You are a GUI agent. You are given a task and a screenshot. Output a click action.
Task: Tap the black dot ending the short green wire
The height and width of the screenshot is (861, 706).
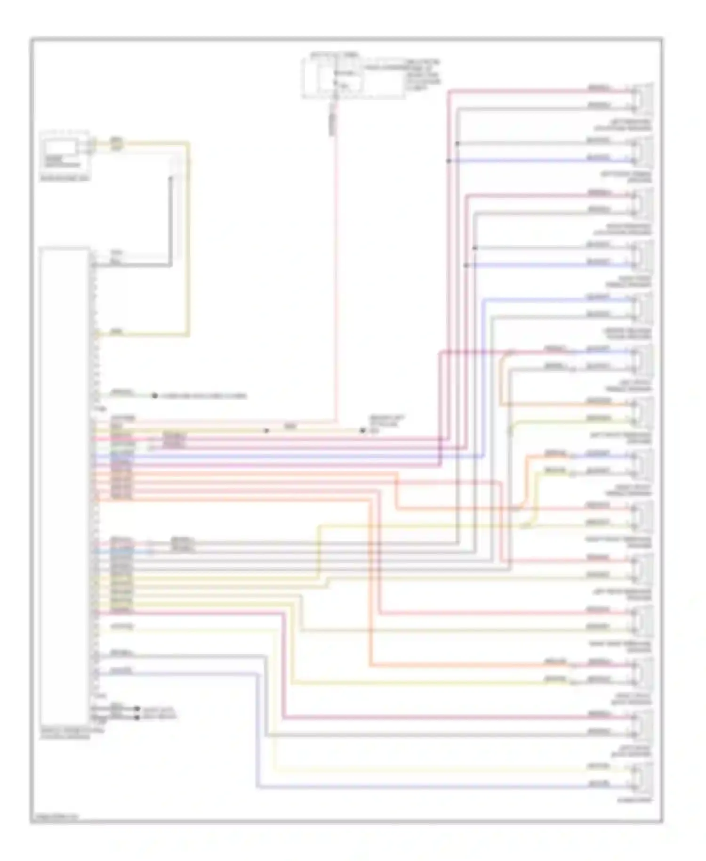click(154, 396)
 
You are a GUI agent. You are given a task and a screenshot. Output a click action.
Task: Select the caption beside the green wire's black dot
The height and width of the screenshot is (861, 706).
click(202, 396)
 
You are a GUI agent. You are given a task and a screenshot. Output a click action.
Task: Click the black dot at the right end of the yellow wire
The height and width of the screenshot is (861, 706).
click(362, 430)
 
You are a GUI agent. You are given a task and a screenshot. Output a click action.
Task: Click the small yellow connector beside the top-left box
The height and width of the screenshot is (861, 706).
click(115, 144)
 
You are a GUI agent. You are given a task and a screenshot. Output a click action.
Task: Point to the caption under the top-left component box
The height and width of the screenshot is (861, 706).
click(65, 179)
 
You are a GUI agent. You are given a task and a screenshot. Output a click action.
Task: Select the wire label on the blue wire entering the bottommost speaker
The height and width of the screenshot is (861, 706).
click(598, 783)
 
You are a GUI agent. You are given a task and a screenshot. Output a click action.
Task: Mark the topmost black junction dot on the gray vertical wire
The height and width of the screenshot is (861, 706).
click(457, 143)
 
